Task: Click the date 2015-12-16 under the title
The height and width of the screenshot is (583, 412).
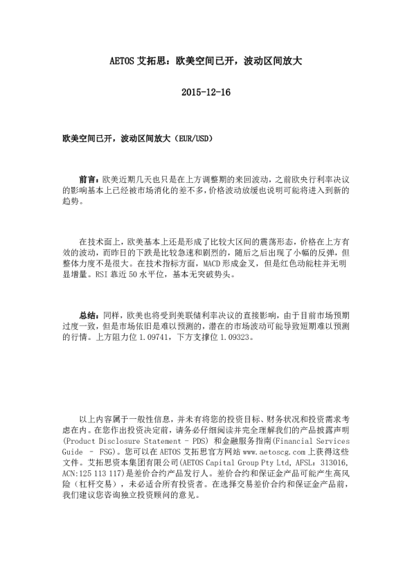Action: [x=205, y=93]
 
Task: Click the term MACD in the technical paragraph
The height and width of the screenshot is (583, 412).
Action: [x=215, y=264]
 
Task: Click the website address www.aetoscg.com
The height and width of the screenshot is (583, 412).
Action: [x=242, y=451]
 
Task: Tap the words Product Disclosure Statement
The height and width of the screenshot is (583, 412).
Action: [x=122, y=440]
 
